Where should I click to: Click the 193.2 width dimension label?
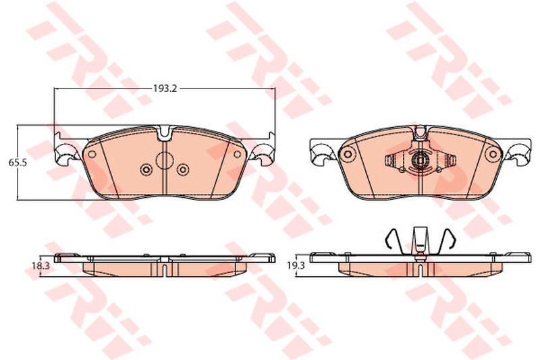[165, 88]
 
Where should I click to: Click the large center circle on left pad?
[164, 160]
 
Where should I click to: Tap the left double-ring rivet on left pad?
[146, 169]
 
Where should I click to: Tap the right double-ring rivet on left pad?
[182, 169]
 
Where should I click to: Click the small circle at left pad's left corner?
[92, 154]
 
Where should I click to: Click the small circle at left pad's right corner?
[237, 154]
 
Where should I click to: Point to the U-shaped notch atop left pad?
[165, 134]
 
